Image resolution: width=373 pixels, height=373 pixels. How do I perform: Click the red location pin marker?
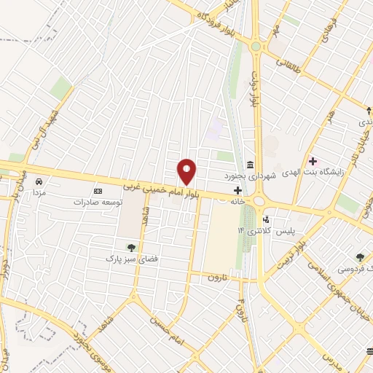(x=187, y=173)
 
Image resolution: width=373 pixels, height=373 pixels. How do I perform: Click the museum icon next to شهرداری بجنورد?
(x=251, y=163)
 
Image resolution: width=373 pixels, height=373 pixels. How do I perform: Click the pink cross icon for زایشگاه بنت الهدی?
(x=313, y=161)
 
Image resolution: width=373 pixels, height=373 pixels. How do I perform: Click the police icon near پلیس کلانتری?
(x=266, y=219)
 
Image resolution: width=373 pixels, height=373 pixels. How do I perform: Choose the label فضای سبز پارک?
(x=132, y=258)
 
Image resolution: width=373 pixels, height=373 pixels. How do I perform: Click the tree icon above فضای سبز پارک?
(x=132, y=247)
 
